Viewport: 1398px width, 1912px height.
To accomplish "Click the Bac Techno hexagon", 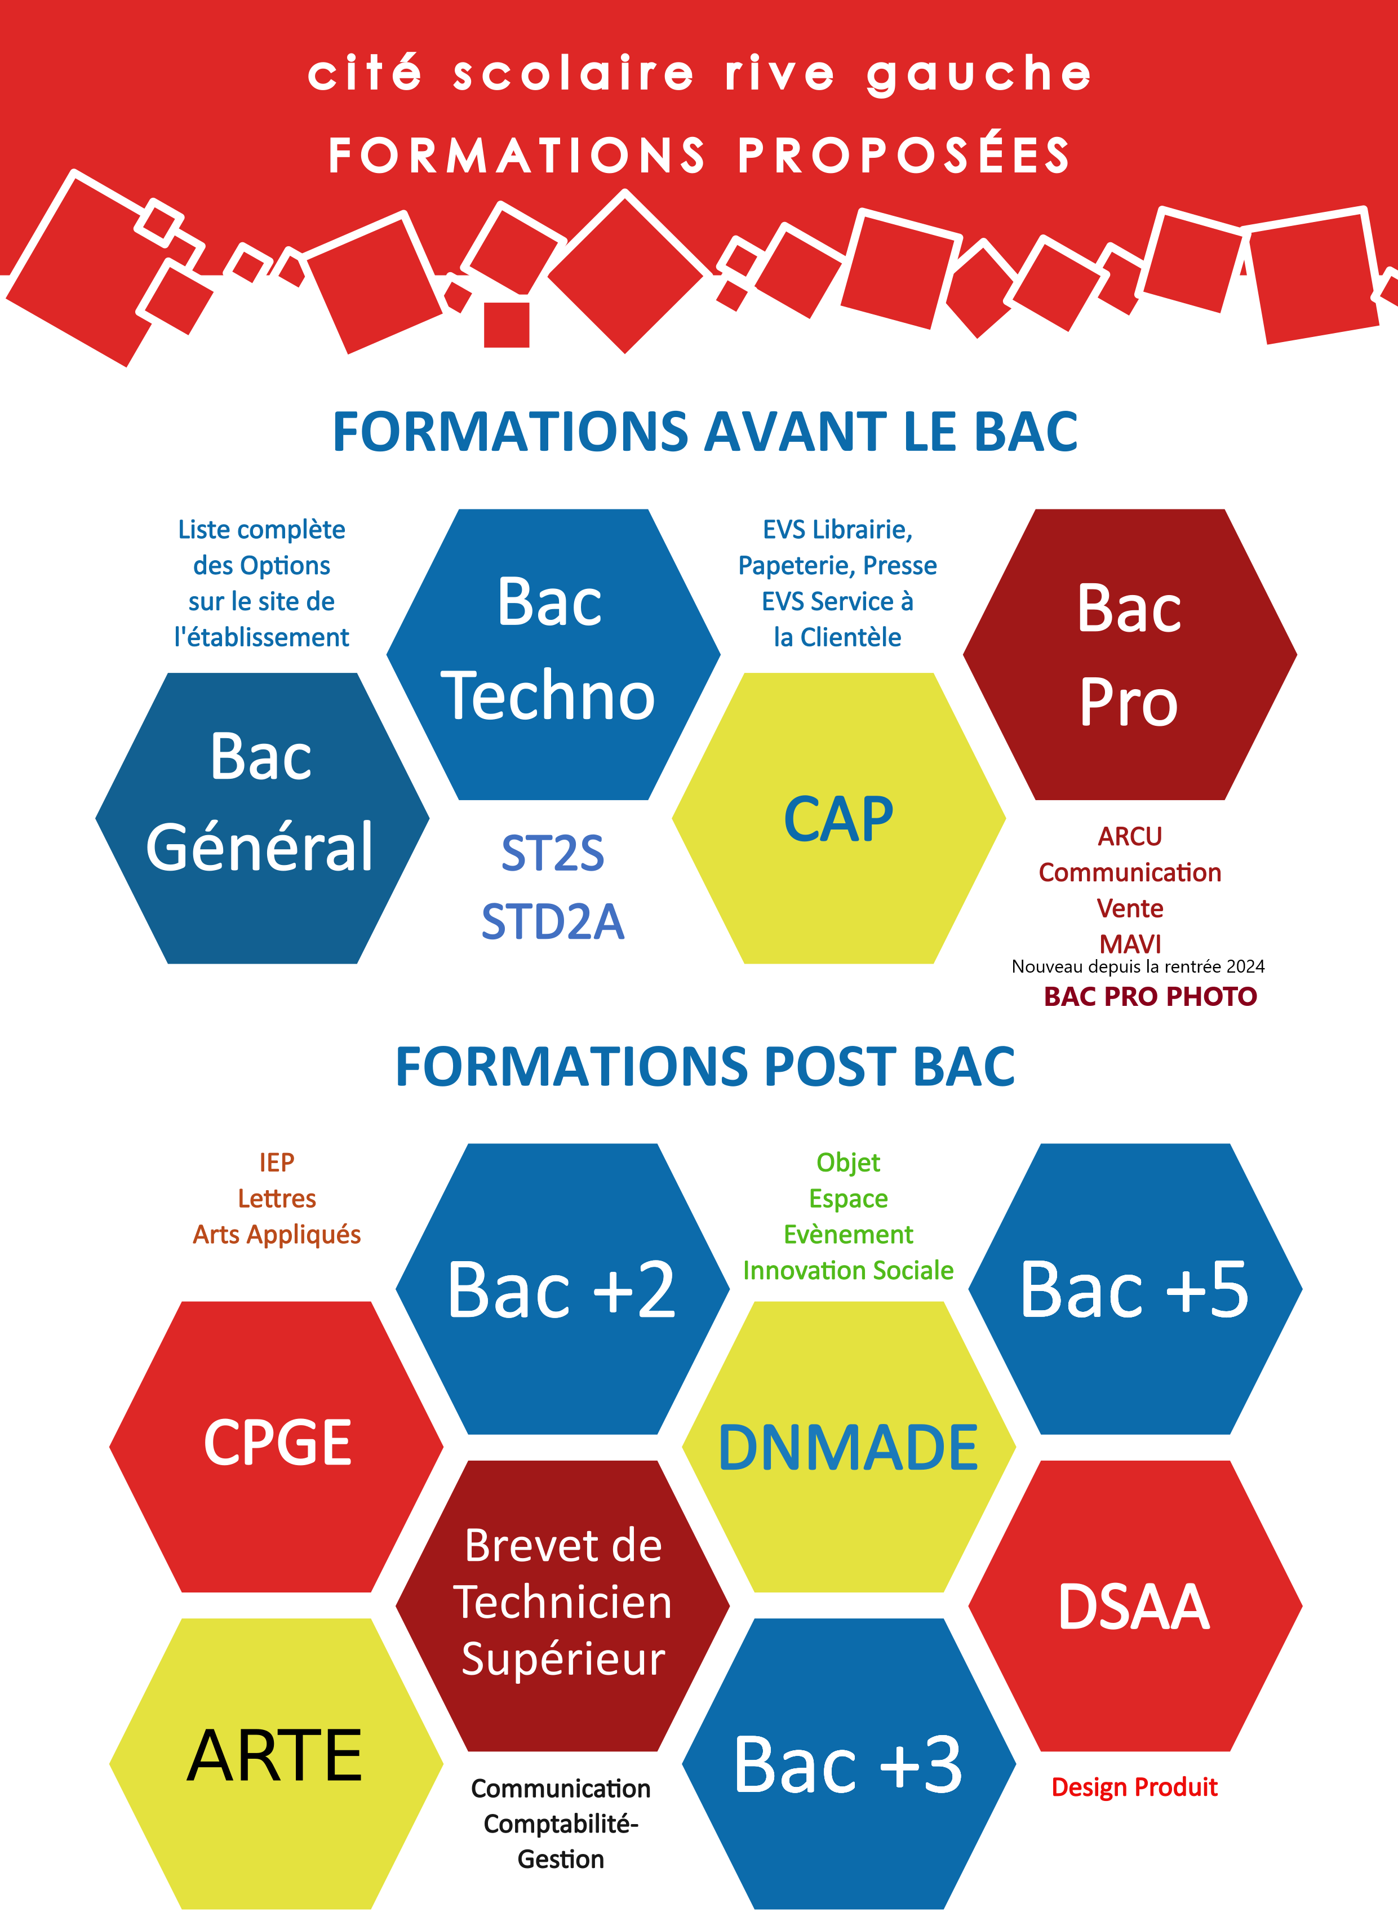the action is [553, 654].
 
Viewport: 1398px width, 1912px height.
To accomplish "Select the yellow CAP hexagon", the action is [838, 818].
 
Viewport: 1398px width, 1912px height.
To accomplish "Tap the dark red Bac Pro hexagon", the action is [1130, 654].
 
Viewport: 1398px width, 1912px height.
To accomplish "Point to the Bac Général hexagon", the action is [263, 818].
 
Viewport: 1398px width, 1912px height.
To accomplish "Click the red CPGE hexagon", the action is [276, 1447].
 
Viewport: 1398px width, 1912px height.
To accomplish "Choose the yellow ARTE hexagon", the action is [276, 1764].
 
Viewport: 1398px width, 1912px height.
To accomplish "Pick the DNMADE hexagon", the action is [849, 1447].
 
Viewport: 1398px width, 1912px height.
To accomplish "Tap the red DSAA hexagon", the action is [1135, 1605].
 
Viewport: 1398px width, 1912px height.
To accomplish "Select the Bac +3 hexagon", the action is [849, 1764].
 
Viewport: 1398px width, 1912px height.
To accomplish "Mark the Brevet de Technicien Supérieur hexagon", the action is [563, 1605].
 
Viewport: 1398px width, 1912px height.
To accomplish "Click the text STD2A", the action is [553, 922].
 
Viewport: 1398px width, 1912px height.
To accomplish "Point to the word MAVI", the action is [1130, 943].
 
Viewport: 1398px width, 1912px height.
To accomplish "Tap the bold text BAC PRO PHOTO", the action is [1150, 996].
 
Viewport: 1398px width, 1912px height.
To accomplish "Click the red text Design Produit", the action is [1134, 1787].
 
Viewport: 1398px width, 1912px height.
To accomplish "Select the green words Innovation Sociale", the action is [848, 1270].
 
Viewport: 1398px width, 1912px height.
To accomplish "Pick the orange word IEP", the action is [277, 1162].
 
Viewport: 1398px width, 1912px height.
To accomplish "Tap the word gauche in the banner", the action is [979, 74].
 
